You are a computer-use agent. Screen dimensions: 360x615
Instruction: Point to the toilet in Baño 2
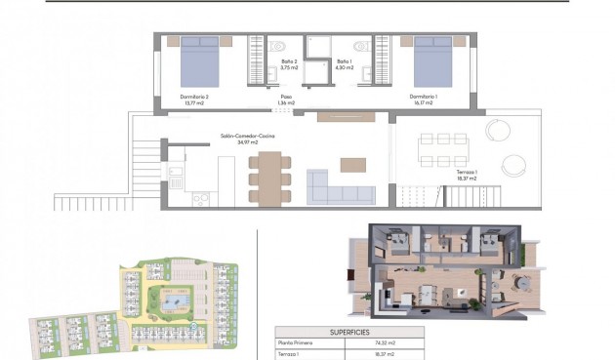coord(278,46)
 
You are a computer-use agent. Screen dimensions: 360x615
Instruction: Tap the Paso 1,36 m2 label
coord(287,100)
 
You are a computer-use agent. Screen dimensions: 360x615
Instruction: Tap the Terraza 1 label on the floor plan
coord(467,175)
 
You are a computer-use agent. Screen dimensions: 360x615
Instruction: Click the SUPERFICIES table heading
coord(348,331)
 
